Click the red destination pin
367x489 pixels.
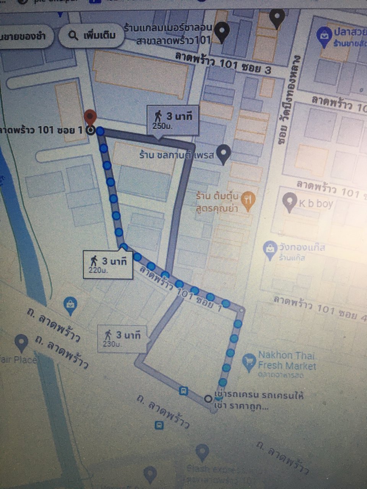click(x=90, y=117)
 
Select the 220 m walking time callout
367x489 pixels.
click(x=108, y=264)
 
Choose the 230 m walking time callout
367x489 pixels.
click(x=122, y=338)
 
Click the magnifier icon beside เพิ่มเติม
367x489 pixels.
click(x=73, y=36)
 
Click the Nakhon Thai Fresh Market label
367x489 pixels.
click(x=287, y=361)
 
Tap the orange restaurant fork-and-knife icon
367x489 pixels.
click(x=248, y=199)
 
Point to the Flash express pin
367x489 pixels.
click(x=202, y=453)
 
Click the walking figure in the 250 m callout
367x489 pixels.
click(x=158, y=115)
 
